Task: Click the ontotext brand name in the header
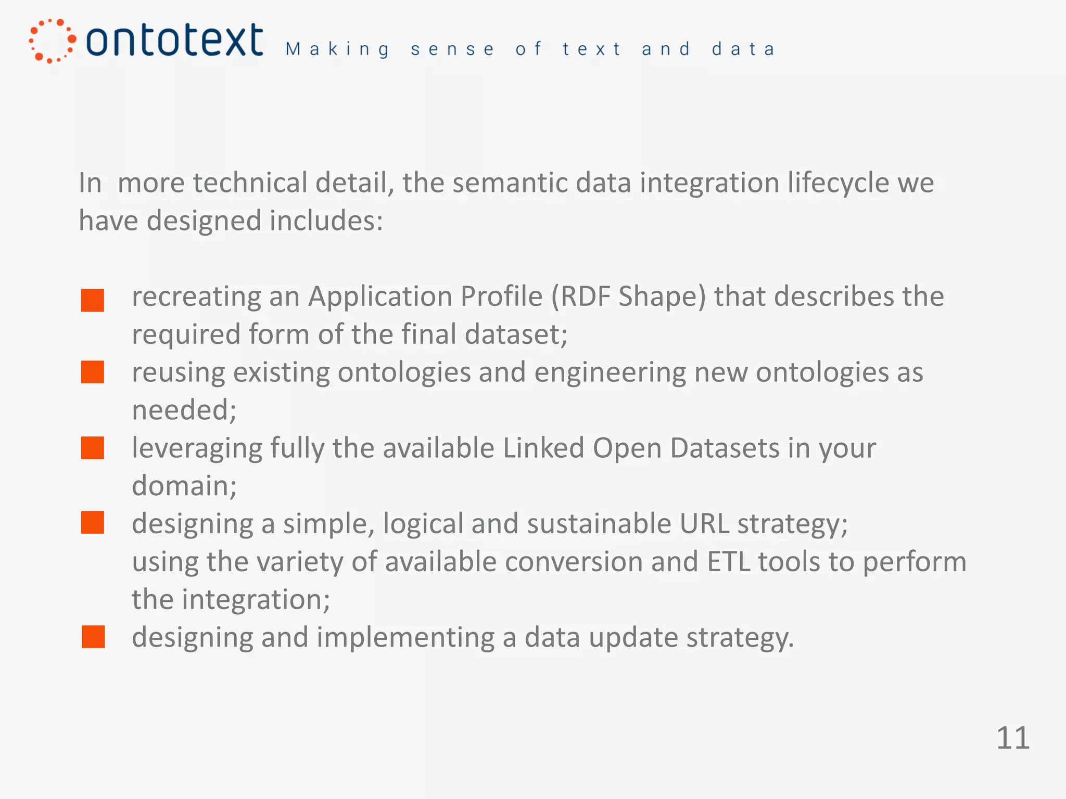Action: (174, 40)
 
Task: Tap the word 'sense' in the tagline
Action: (452, 49)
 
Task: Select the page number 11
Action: (1012, 738)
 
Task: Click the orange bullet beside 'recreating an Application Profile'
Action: (93, 301)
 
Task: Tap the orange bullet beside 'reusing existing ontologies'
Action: (93, 372)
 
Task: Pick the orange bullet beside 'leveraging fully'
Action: (93, 448)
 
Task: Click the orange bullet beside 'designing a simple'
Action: (93, 523)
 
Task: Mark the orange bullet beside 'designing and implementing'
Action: (93, 637)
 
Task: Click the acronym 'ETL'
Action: (728, 562)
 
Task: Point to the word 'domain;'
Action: (184, 486)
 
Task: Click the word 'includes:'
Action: (326, 221)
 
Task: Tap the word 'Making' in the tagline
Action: (337, 49)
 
